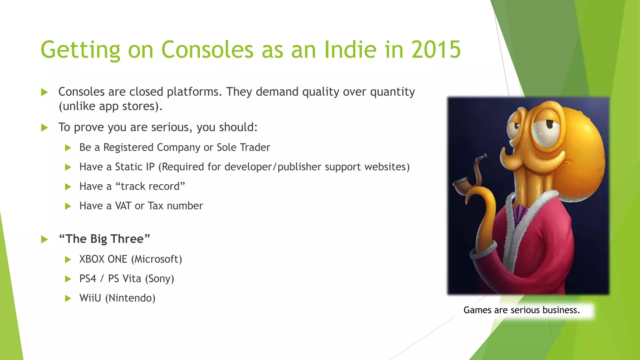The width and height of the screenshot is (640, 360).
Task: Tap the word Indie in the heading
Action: click(x=350, y=49)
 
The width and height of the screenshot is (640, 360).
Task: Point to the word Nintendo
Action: click(x=130, y=298)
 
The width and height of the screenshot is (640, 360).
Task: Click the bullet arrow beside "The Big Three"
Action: click(x=45, y=240)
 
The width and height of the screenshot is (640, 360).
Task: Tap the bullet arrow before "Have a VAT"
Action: click(x=68, y=206)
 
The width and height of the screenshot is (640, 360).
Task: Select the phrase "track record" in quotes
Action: click(x=150, y=186)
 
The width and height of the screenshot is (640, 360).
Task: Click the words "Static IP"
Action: click(x=135, y=167)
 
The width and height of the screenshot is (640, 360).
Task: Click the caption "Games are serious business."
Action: click(x=521, y=310)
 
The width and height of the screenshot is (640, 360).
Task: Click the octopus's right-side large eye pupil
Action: click(x=549, y=124)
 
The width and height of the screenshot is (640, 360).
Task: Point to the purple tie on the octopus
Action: click(x=519, y=212)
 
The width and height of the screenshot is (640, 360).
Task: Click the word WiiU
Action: click(x=90, y=298)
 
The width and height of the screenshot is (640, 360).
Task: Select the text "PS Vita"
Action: click(x=125, y=278)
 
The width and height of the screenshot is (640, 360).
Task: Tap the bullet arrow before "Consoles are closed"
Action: click(x=45, y=92)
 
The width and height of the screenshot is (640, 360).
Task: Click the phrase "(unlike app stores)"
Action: click(x=111, y=106)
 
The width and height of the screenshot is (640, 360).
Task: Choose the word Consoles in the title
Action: click(x=207, y=49)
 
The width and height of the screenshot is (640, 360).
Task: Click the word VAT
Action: click(x=123, y=206)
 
